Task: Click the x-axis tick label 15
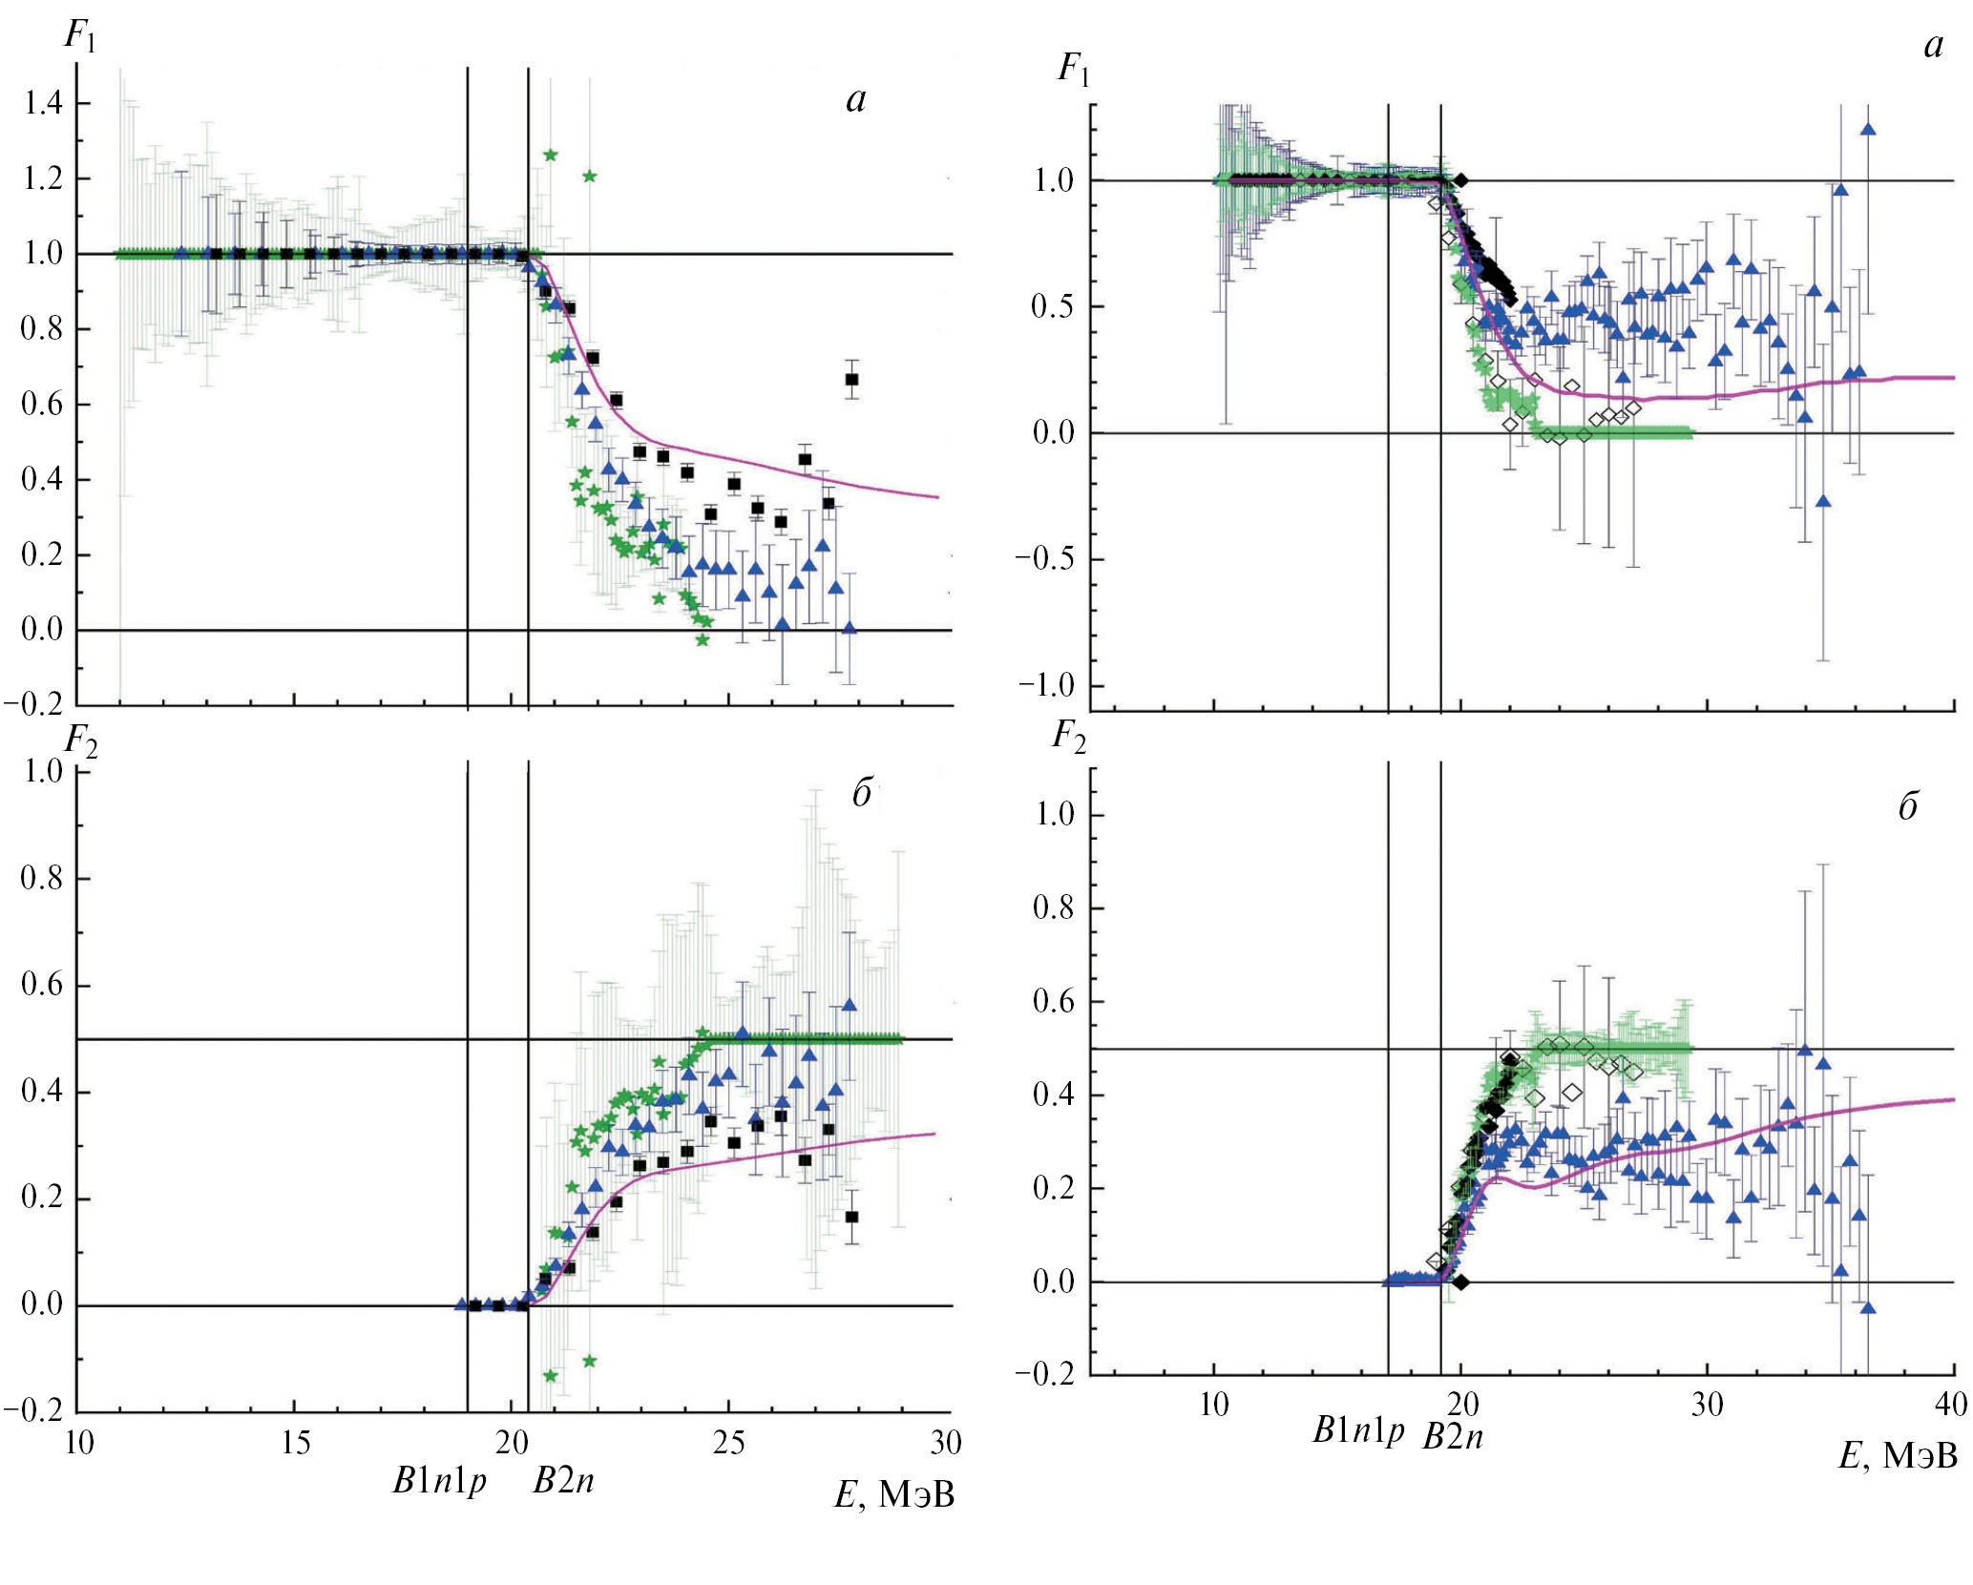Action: coord(295,1443)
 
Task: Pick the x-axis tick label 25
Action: coord(729,1443)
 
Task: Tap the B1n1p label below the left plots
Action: coord(440,1481)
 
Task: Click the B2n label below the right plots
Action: coord(1453,1436)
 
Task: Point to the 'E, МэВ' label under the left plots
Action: coord(894,1494)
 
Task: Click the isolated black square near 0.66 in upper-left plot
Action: coord(852,380)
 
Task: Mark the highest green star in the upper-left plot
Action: coord(550,155)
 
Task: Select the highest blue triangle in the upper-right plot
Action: coord(1868,130)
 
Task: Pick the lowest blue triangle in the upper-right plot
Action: coord(1823,501)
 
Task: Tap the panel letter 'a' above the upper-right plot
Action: coord(1933,46)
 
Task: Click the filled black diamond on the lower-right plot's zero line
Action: coord(1460,1283)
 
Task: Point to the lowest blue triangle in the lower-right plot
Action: coord(1868,1307)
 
